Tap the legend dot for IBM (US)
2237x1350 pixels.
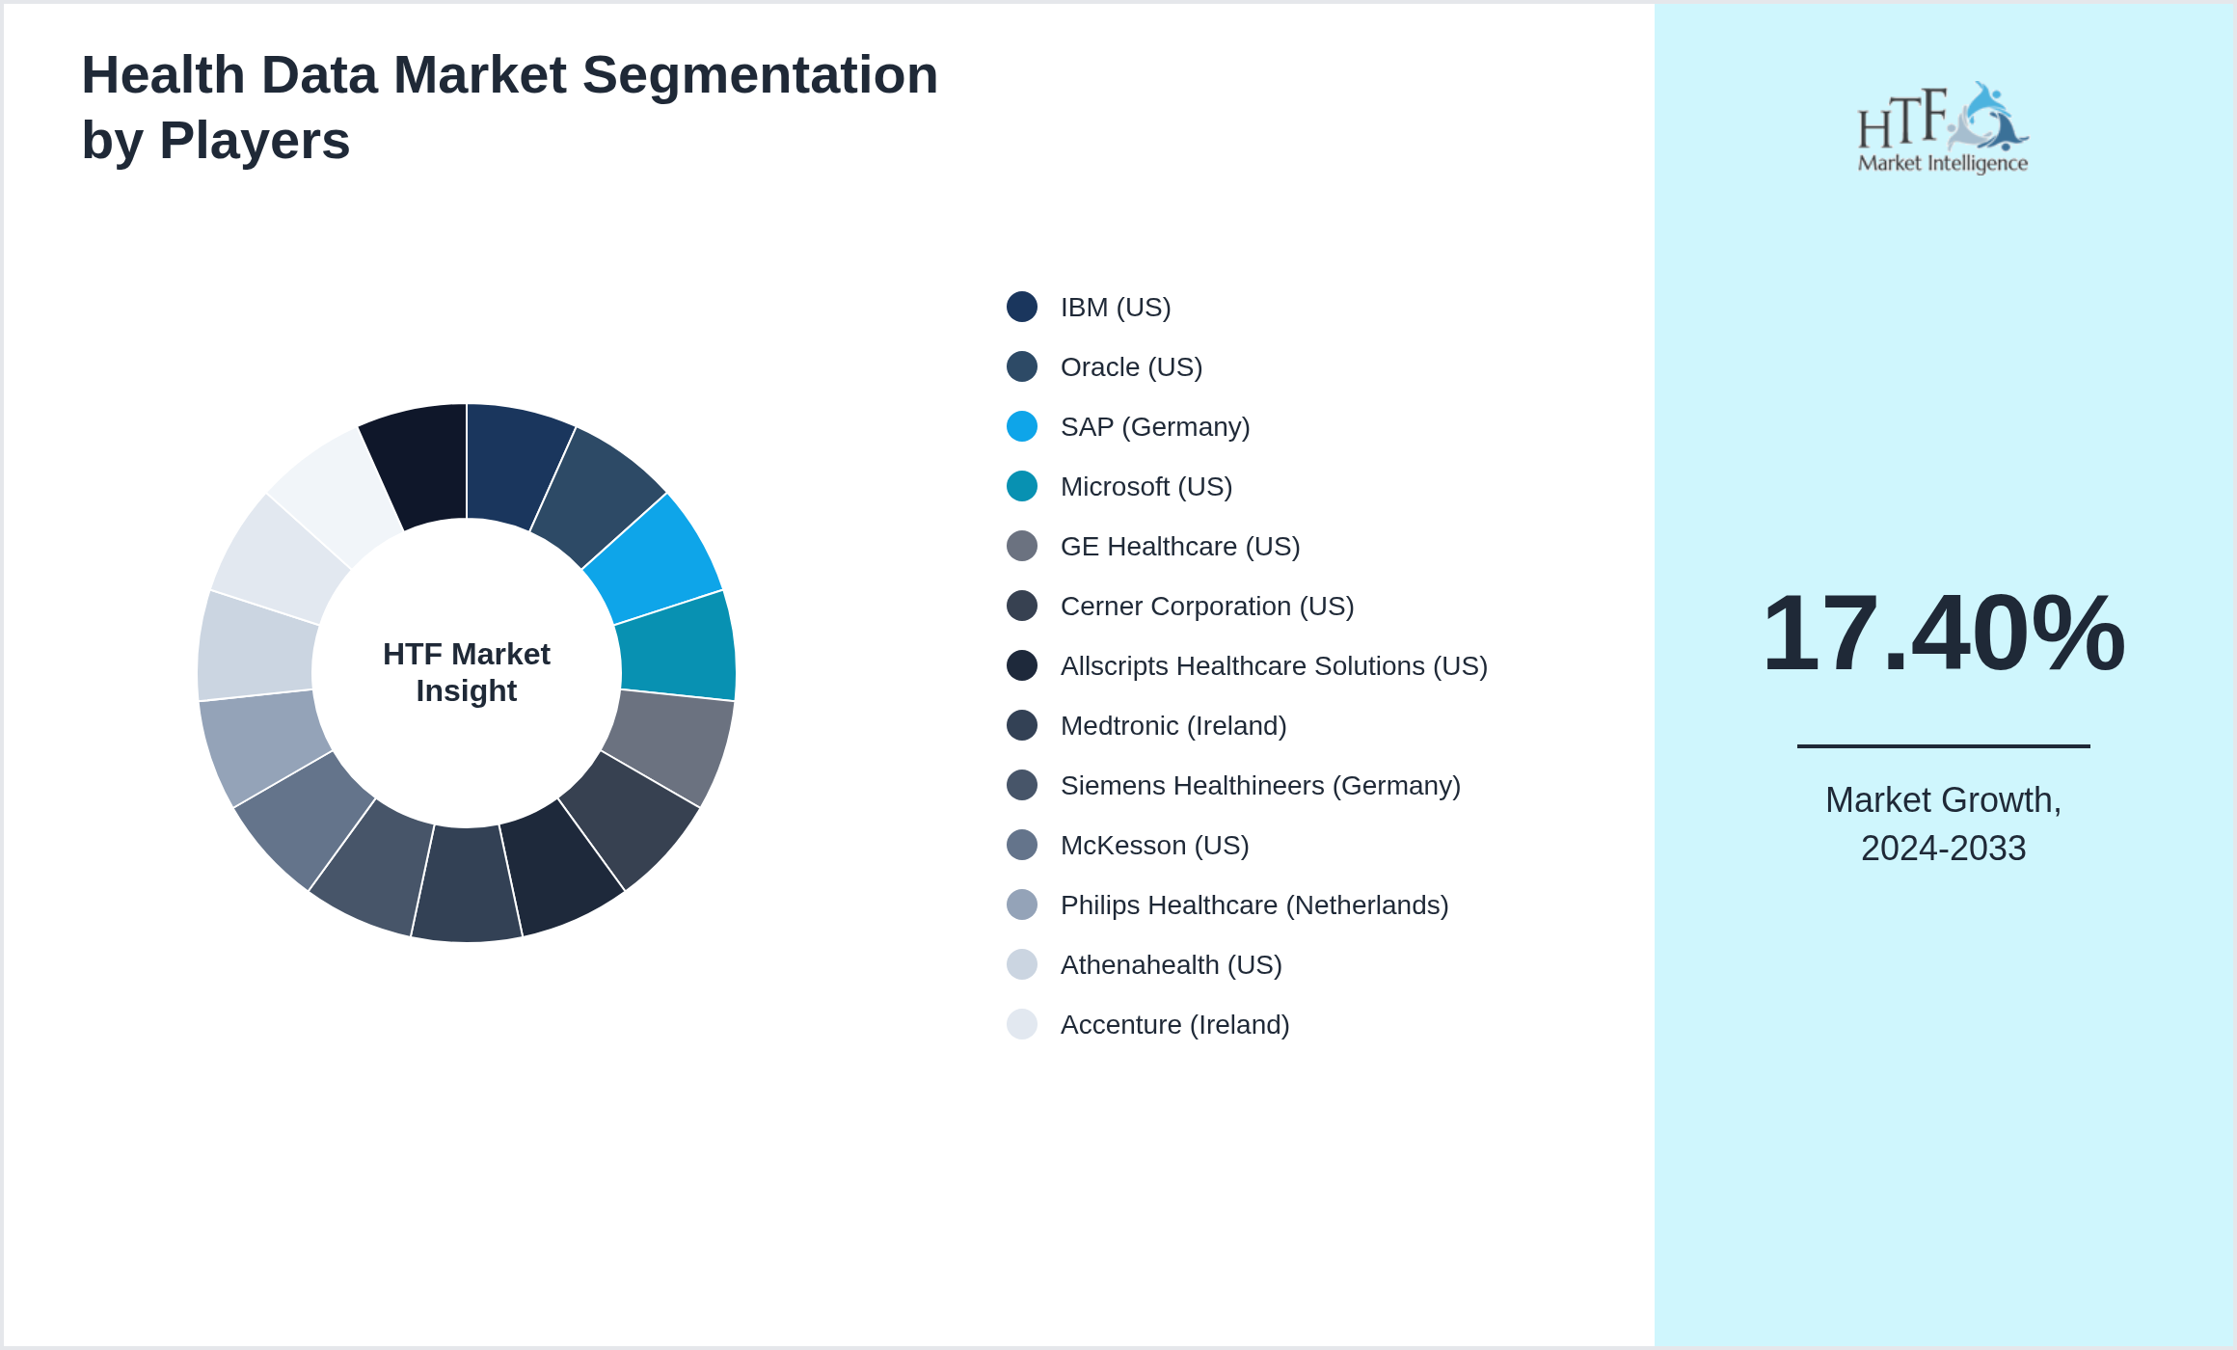[1022, 307]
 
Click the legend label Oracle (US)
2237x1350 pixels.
[1131, 367]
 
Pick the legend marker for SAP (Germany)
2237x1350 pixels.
[1022, 426]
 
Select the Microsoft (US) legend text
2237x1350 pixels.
[1146, 487]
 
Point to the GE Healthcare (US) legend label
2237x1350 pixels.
[1180, 547]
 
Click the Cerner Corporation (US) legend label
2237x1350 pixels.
[1207, 607]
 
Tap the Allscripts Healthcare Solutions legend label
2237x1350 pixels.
[1274, 666]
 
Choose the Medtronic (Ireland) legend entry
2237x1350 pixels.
[1173, 726]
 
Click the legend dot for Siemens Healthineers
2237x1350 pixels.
[1022, 785]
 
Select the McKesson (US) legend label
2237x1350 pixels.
[1154, 846]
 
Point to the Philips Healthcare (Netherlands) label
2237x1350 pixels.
[1254, 905]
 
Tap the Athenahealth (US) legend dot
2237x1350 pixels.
[1022, 964]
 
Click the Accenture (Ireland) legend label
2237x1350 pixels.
[1174, 1025]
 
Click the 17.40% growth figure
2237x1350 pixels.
[1943, 634]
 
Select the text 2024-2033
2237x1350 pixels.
[1943, 849]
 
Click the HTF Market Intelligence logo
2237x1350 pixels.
[1943, 127]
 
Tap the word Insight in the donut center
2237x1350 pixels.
[467, 691]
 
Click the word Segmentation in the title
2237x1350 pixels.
[760, 75]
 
